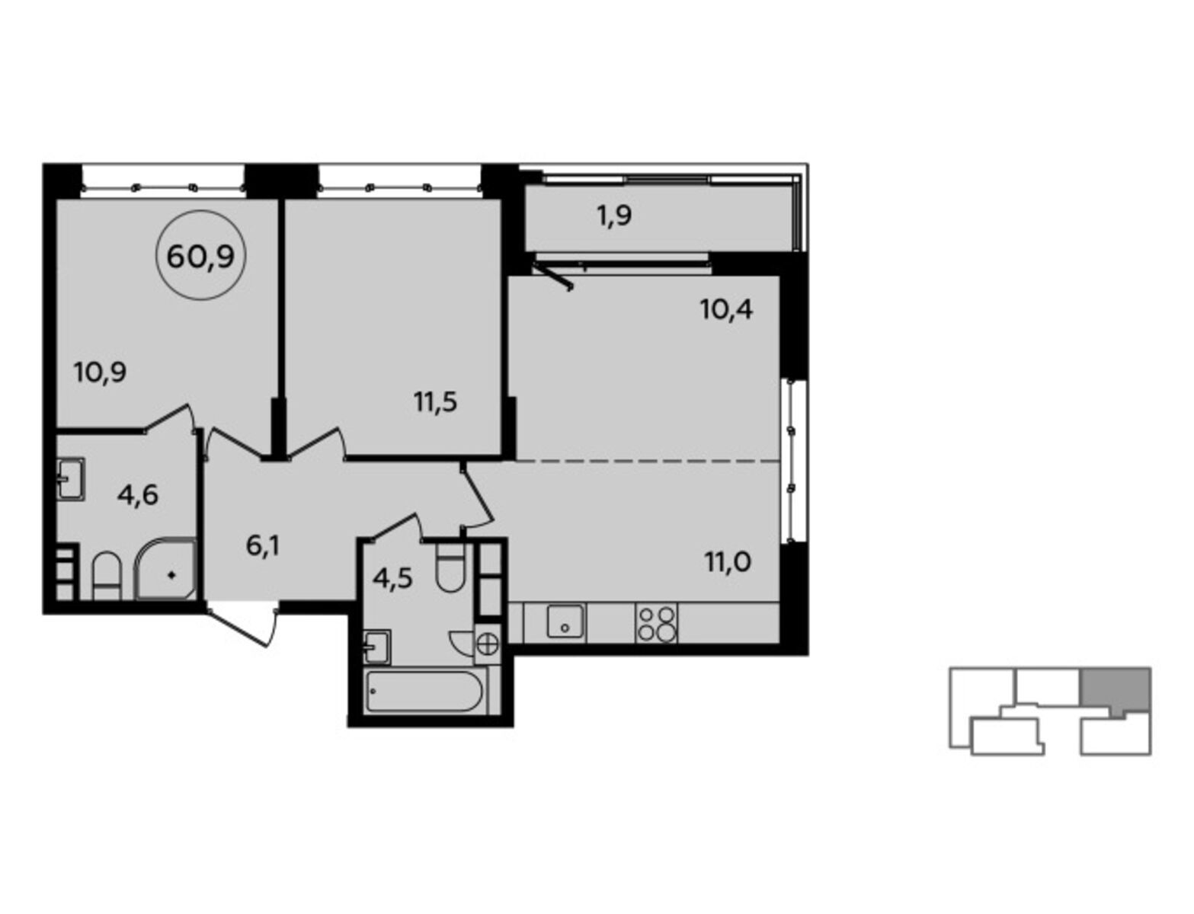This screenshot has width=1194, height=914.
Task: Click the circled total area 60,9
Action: pos(200,255)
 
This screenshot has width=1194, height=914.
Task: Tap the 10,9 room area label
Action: pos(101,373)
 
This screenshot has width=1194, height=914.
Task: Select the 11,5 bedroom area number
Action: pos(436,402)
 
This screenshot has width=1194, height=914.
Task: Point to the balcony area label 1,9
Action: pos(614,216)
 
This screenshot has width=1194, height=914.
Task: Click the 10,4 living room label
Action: pos(726,310)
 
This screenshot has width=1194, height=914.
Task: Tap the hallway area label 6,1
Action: pos(263,547)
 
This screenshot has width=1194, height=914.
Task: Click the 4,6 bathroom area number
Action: pos(137,495)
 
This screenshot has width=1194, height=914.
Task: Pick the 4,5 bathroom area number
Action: pos(393,579)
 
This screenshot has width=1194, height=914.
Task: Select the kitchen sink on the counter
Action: pos(565,621)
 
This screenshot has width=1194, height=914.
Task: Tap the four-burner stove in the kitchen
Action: pos(657,624)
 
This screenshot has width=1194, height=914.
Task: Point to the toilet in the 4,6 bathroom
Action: pos(106,576)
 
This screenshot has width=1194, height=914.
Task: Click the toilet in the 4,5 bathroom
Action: pos(450,568)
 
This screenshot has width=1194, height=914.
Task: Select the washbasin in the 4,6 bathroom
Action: pos(72,479)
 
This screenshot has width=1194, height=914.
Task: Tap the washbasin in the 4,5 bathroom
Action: pos(377,647)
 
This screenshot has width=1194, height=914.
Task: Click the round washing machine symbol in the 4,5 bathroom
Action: pos(488,643)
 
